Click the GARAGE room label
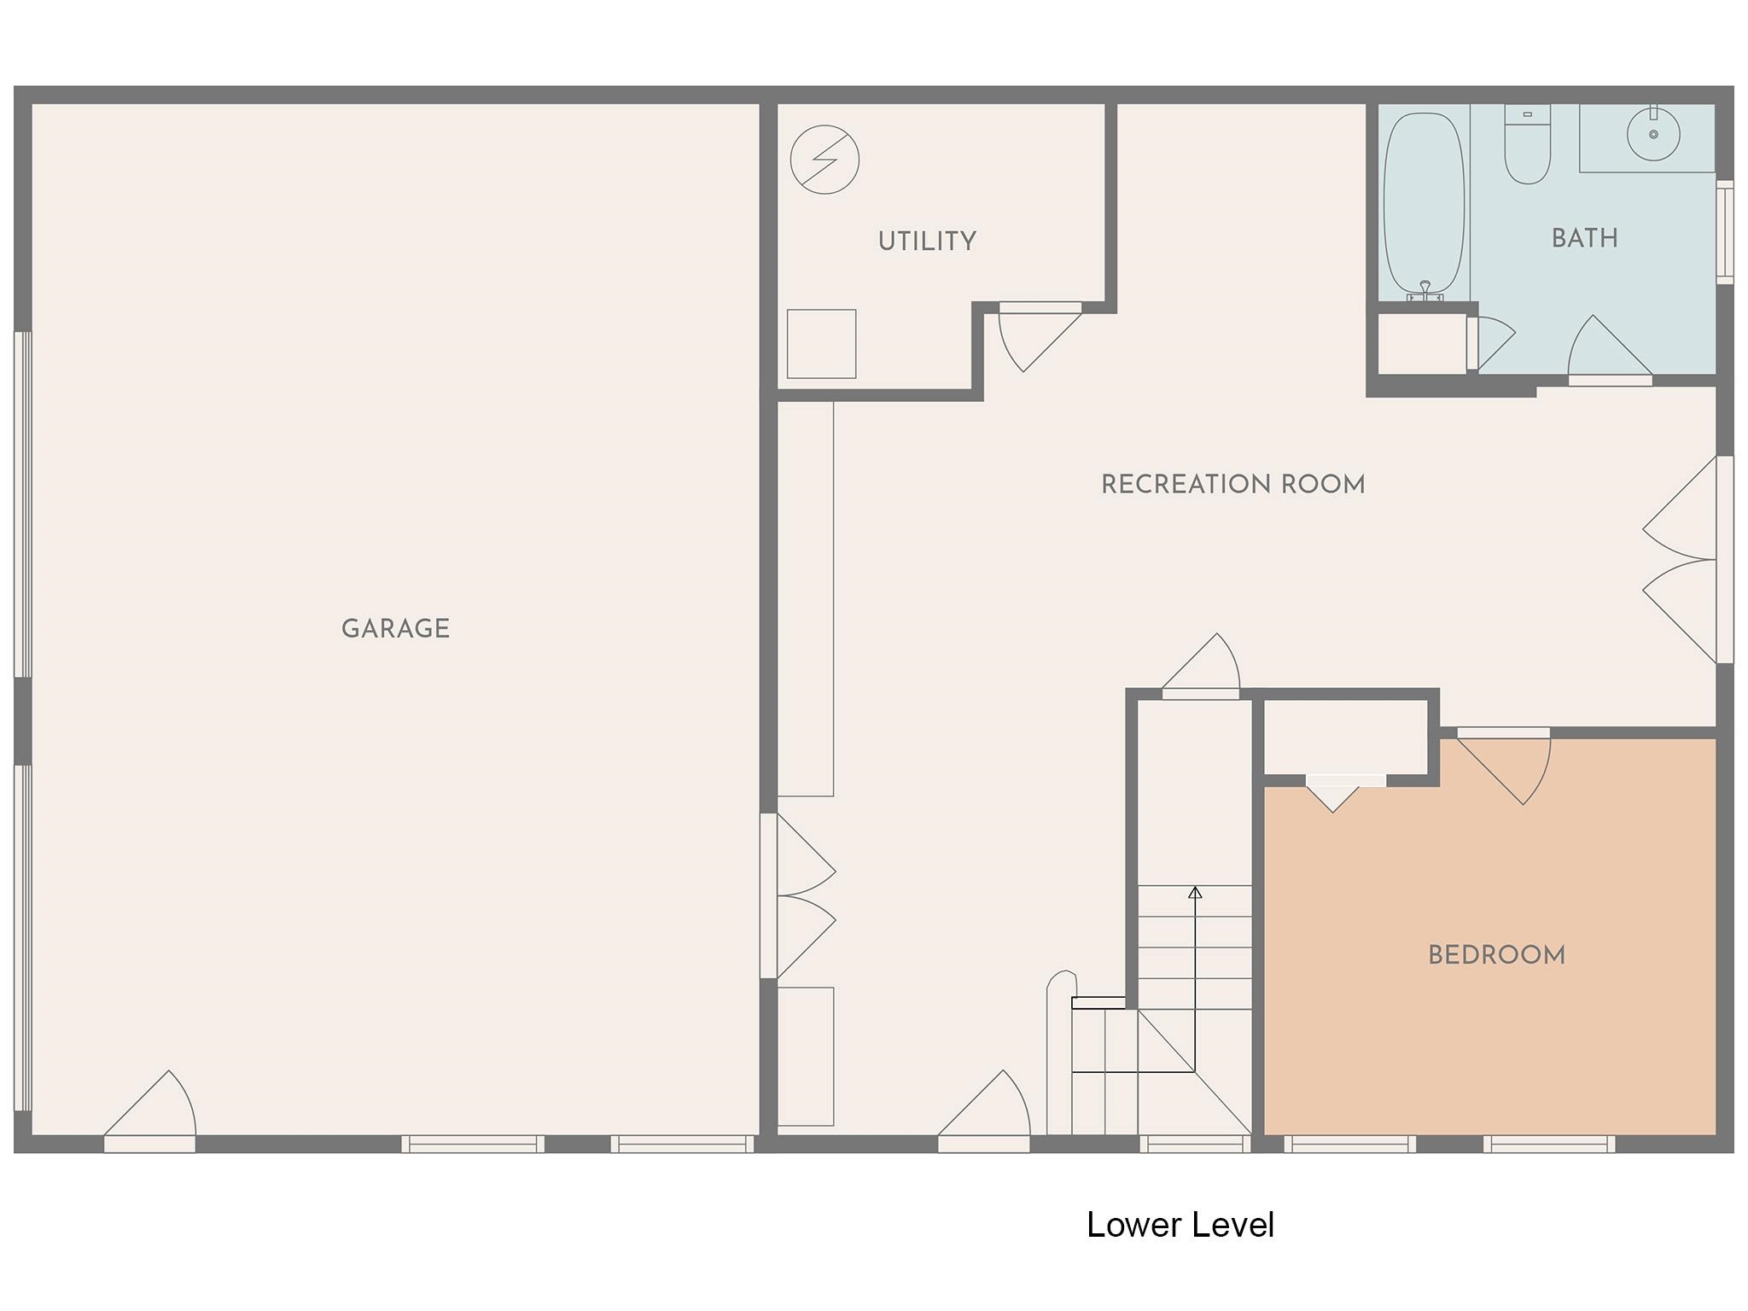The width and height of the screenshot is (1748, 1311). (395, 629)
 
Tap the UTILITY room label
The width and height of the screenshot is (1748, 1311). (927, 242)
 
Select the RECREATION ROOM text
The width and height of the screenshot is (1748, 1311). (1232, 485)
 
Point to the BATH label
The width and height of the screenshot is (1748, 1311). (1584, 238)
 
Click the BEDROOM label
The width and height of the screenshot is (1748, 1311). (1496, 955)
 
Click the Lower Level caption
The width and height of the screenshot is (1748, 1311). (1180, 1225)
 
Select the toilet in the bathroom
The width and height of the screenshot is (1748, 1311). (1527, 144)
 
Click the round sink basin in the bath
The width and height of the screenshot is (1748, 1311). (1653, 134)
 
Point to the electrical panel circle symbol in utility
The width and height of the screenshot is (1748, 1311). (824, 160)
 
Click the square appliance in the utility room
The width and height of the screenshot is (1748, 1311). (821, 344)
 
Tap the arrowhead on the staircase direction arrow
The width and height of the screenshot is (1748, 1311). (1195, 893)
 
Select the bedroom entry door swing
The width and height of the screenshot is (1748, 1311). (1504, 766)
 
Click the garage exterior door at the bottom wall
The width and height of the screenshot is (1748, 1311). (150, 1110)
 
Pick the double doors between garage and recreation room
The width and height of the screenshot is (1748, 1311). (797, 896)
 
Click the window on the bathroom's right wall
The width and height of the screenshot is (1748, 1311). (1725, 232)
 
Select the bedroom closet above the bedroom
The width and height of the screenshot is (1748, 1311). (1346, 738)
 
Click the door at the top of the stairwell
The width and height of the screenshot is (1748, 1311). (1201, 666)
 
